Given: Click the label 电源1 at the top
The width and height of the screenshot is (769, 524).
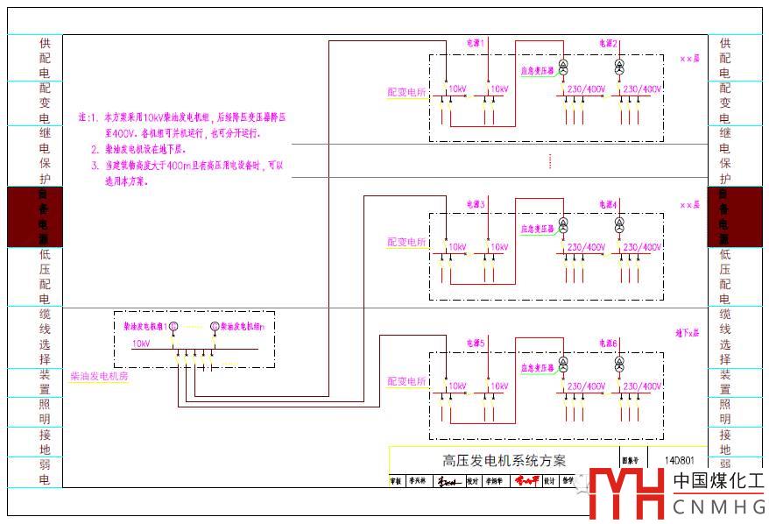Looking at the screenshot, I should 476,42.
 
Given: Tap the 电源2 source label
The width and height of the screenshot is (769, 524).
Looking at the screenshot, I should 609,43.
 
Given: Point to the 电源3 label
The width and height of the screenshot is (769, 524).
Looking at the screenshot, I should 476,204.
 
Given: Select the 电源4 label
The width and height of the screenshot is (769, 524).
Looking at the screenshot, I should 609,204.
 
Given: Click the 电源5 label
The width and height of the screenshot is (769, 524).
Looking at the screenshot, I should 476,342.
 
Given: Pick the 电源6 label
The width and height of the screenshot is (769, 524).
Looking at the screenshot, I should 609,342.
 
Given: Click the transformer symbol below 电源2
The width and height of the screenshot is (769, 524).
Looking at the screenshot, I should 619,67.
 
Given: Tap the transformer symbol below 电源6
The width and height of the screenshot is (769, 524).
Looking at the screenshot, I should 619,362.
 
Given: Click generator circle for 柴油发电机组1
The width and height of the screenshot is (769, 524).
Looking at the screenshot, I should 173,327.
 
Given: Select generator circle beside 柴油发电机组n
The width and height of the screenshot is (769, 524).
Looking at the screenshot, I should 215,327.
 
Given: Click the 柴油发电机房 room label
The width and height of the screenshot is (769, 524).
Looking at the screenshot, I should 99,376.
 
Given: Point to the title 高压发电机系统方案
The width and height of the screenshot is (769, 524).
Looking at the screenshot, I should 504,460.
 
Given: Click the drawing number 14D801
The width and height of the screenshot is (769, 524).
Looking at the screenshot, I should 680,460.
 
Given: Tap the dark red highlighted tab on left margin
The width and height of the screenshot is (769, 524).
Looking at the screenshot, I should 35,216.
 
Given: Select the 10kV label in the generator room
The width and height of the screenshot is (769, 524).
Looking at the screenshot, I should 141,343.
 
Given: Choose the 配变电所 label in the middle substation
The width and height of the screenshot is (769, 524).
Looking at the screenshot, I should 406,242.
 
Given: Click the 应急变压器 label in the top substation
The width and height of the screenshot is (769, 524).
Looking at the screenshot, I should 537,70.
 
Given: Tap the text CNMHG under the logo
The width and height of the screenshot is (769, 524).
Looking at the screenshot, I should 718,506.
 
